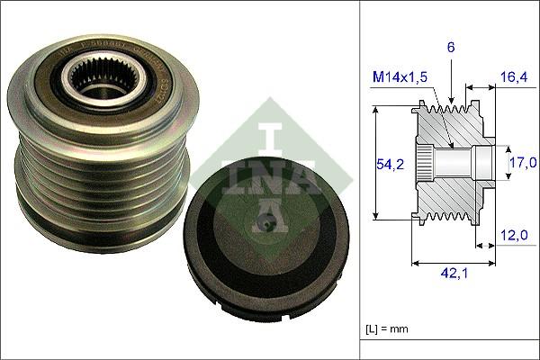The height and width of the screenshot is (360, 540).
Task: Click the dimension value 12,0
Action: pos(514,235)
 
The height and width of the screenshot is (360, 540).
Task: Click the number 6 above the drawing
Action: pos(450,46)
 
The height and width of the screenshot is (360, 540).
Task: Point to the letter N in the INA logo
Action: pos(269,172)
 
